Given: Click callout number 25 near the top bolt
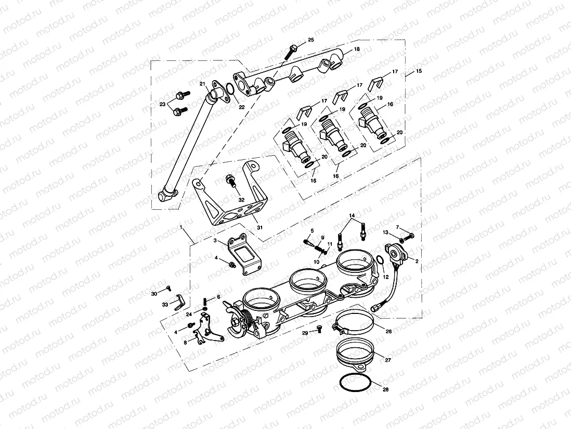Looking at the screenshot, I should [311, 40].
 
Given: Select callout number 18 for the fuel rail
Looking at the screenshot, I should [357, 49].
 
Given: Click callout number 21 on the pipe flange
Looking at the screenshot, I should [203, 84].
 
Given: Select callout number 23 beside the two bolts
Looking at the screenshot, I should [162, 104].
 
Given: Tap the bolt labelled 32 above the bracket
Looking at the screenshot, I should [229, 181].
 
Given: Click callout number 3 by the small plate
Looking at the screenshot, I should [214, 241].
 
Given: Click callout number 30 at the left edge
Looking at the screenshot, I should [154, 294].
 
